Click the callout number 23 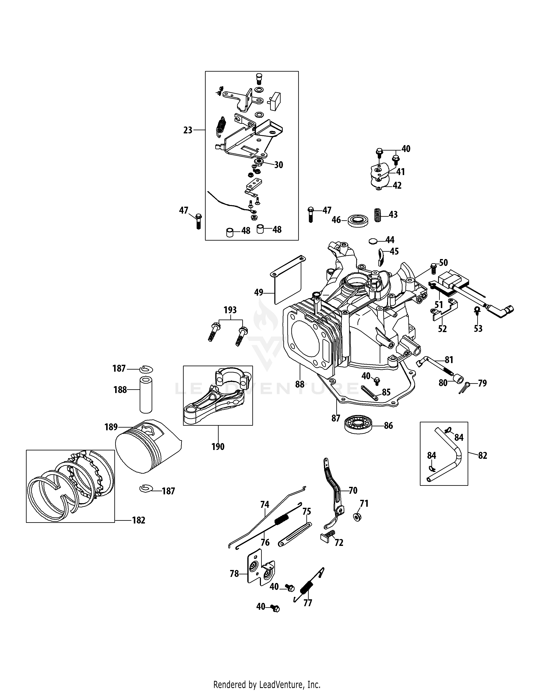[x=188, y=130]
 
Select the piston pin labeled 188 [x=146, y=394]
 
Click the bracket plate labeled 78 [x=260, y=572]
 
